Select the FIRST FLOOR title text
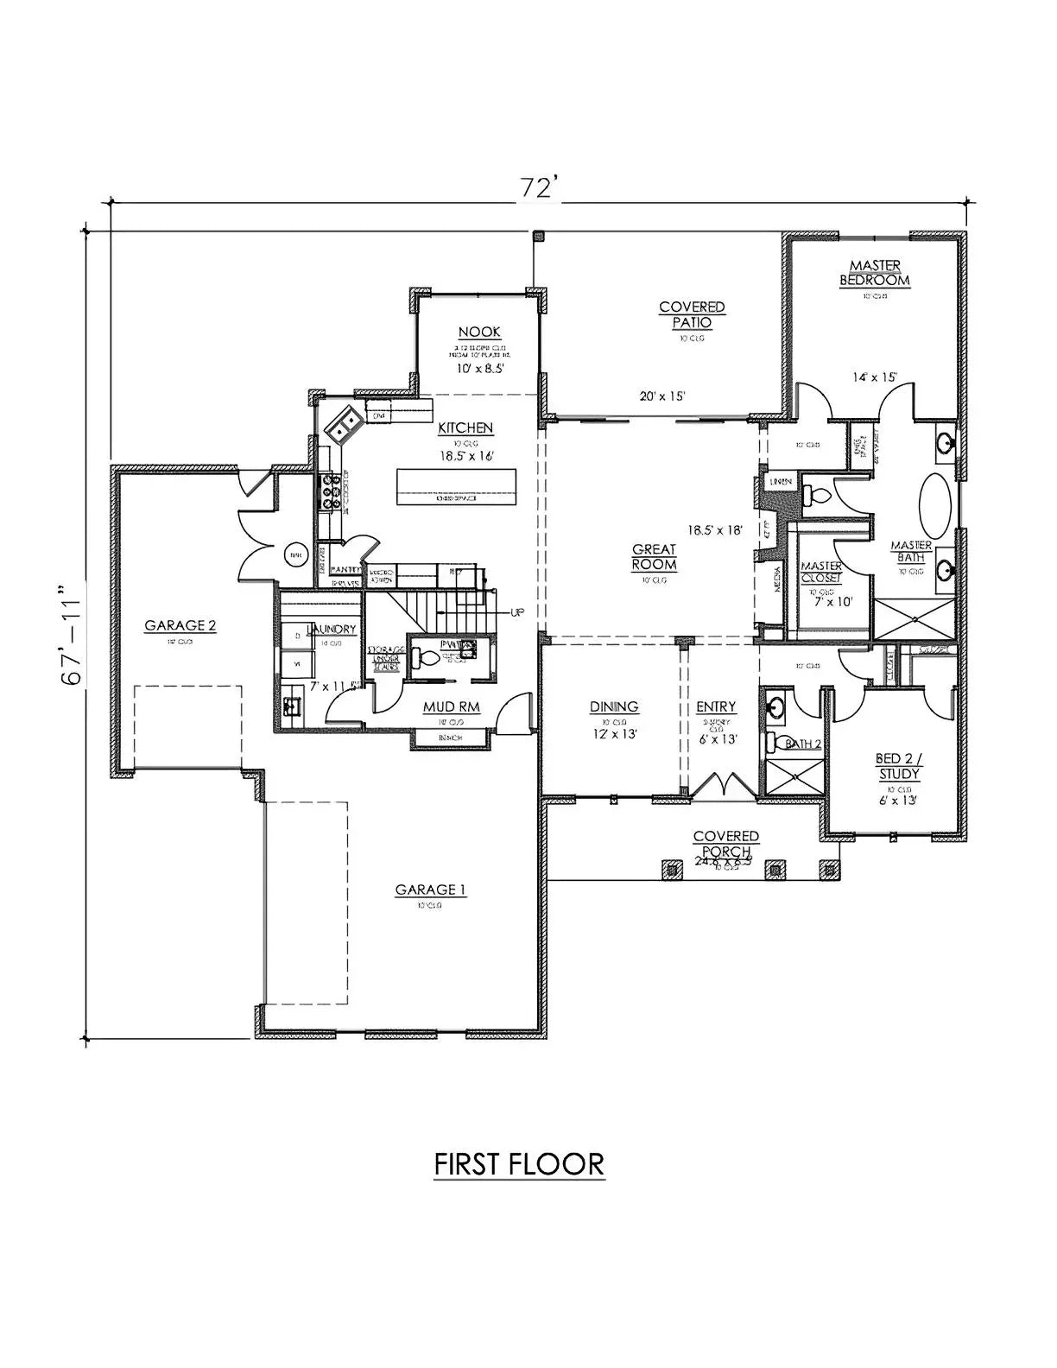pos(518,1163)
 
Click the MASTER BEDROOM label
pos(875,273)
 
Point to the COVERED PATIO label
pos(692,314)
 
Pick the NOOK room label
pos(479,332)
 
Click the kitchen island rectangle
pos(457,486)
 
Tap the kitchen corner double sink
pos(343,423)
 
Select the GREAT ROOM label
pos(654,557)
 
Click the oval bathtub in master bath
pos(935,505)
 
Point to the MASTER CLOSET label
pos(821,572)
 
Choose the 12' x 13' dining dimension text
pos(614,732)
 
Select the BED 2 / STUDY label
pos(899,766)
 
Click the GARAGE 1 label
pos(431,890)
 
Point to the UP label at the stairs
pos(516,612)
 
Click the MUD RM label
pos(451,707)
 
